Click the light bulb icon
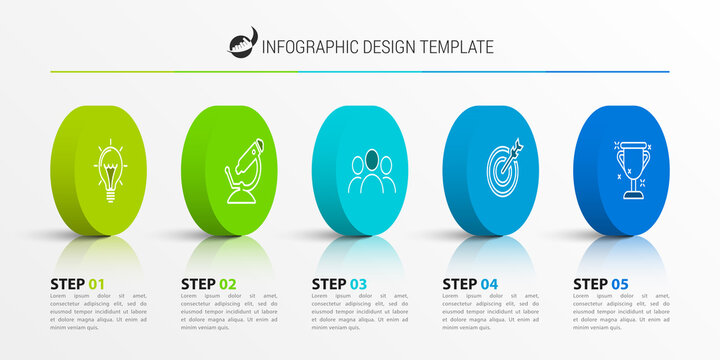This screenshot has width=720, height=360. click(x=109, y=171)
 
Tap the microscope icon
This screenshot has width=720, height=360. click(x=244, y=171)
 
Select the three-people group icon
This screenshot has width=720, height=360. click(x=372, y=171)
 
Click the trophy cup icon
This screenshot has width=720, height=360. click(x=632, y=169)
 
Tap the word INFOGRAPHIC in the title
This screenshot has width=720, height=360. click(x=308, y=47)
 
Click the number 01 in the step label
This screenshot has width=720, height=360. click(x=96, y=285)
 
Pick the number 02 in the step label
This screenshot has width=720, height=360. click(x=227, y=285)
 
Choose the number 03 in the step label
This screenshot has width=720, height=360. click(x=358, y=285)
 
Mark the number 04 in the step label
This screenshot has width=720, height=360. click(x=488, y=285)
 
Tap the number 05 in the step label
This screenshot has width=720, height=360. click(x=619, y=285)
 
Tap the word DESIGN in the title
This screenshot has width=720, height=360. click(x=385, y=47)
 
